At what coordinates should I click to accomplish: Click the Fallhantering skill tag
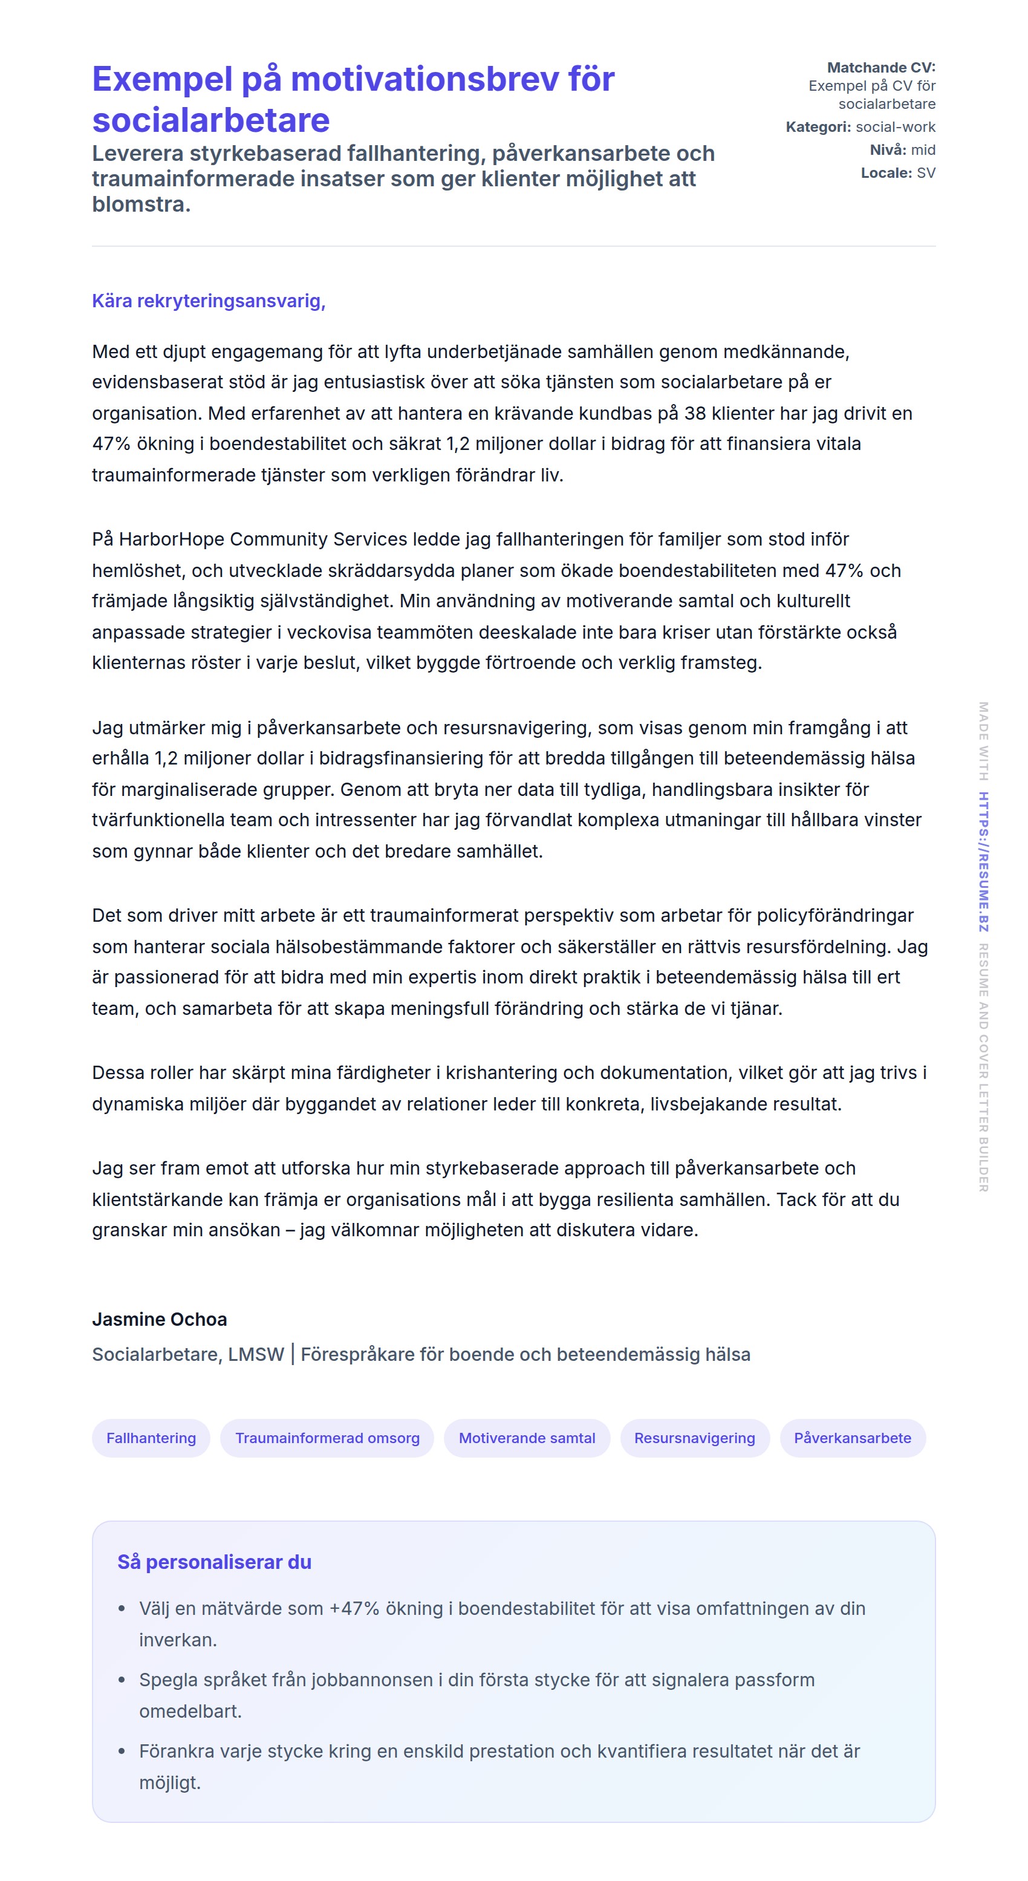pos(151,1438)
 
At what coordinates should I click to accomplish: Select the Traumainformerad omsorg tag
pos(327,1438)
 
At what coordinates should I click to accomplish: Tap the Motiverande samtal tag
pos(527,1438)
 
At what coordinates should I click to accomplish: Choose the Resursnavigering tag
pos(694,1438)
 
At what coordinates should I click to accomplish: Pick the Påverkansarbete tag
pos(852,1438)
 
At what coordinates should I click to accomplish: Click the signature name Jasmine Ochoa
pos(159,1319)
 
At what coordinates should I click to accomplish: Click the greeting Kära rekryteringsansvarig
pos(208,301)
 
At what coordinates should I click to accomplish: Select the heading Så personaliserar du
pos(214,1562)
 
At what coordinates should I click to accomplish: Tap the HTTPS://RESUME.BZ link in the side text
pos(983,862)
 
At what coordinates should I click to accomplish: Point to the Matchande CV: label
pos(880,68)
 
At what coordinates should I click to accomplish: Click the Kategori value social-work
pos(895,127)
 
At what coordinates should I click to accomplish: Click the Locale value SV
pos(926,173)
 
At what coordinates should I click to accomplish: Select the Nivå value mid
pos(923,149)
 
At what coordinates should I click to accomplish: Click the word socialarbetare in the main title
pos(210,120)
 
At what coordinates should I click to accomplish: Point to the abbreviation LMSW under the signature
pos(256,1355)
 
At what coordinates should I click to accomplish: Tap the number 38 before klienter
pos(694,413)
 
